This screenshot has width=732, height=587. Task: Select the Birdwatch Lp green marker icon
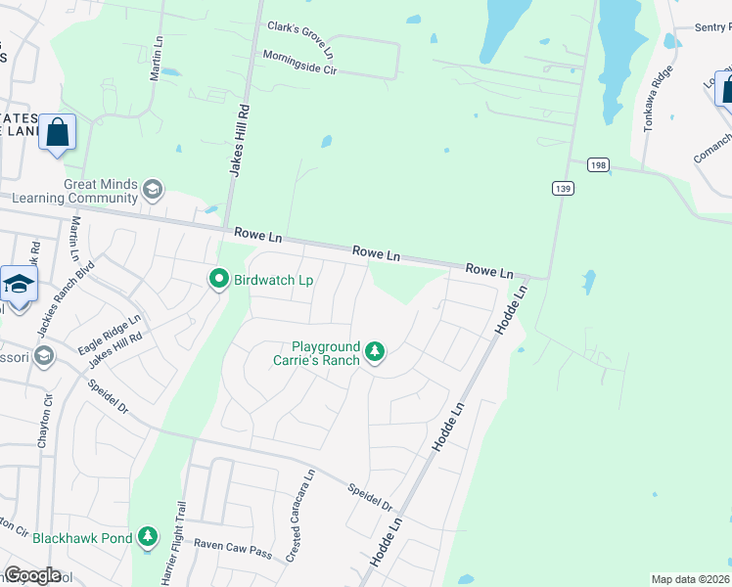[x=221, y=280]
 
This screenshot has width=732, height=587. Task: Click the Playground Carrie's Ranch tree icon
[x=374, y=351]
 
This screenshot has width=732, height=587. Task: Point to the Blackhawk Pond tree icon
[x=148, y=536]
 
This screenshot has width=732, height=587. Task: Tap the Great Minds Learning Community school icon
[x=152, y=189]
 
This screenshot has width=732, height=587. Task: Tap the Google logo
[x=31, y=575]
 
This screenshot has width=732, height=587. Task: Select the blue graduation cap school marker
[x=19, y=286]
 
